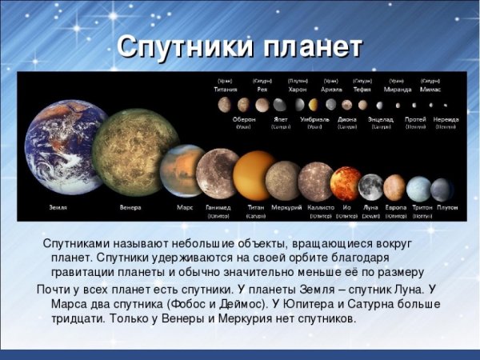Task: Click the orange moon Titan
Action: click(x=254, y=175)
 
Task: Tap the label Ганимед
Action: click(x=218, y=207)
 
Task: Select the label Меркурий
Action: click(x=286, y=207)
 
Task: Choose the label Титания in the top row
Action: click(x=226, y=90)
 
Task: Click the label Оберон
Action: click(x=243, y=119)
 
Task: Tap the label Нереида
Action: click(x=446, y=119)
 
